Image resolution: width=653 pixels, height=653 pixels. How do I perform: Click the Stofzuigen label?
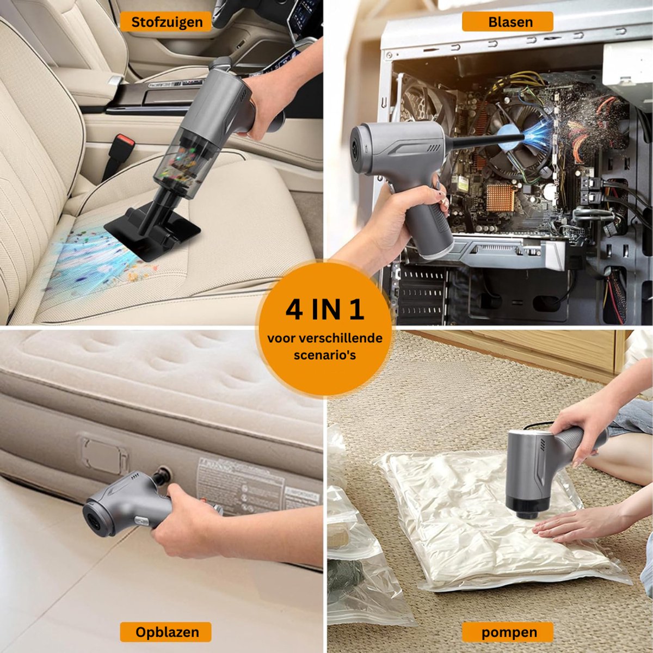[x=166, y=22]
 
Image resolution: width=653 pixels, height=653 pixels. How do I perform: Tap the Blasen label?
[x=508, y=22]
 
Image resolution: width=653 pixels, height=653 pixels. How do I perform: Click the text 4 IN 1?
[x=325, y=310]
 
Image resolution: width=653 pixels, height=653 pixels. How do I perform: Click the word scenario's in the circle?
[x=325, y=355]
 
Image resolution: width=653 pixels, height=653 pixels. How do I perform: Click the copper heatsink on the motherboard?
[x=500, y=198]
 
